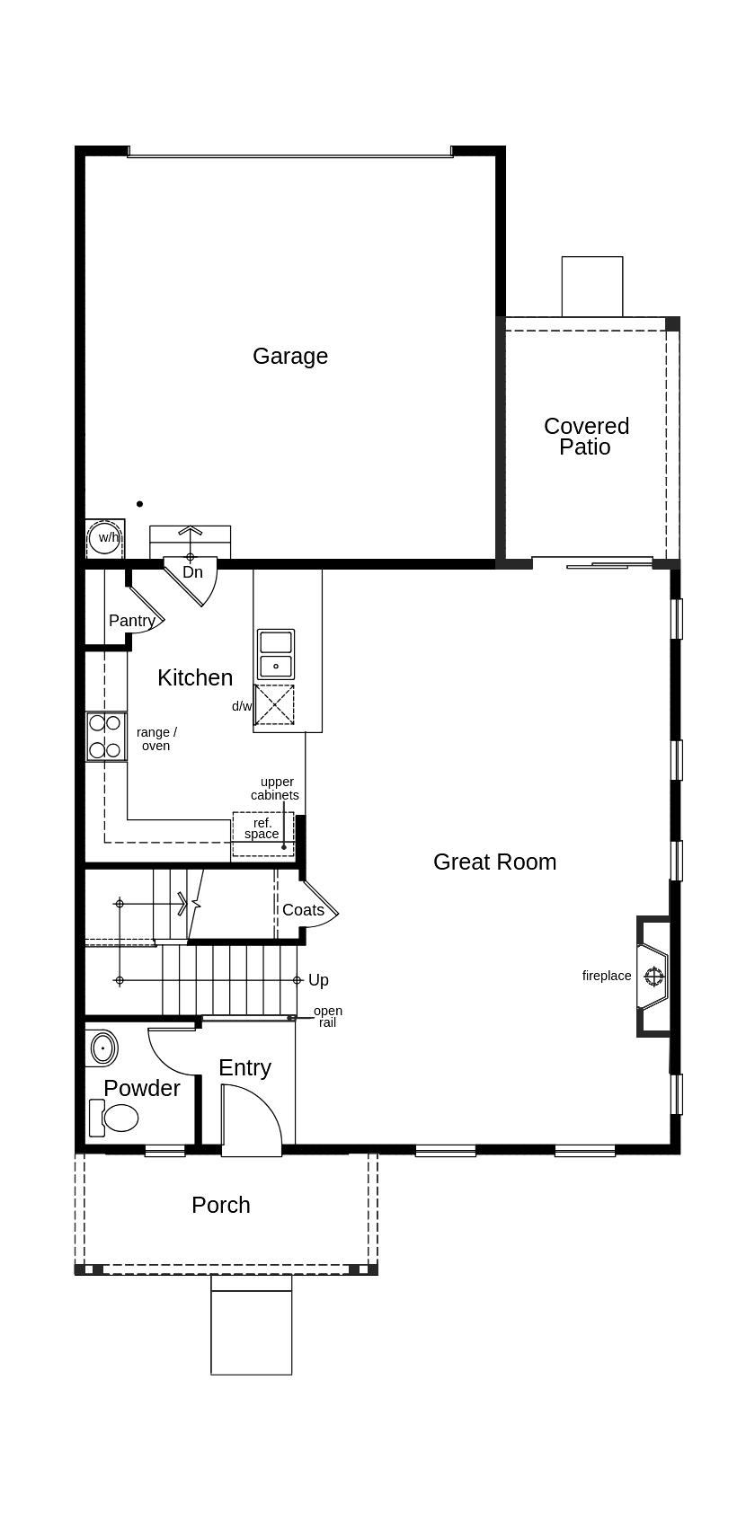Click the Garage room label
click(289, 356)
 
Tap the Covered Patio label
click(586, 436)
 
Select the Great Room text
click(494, 862)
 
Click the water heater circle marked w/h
click(106, 538)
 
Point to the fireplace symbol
click(653, 976)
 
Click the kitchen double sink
click(275, 654)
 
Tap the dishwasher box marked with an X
click(274, 704)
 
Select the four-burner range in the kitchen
click(105, 736)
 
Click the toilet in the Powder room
click(115, 1119)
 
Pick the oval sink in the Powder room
click(103, 1048)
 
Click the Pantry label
click(131, 621)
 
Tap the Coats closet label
click(303, 910)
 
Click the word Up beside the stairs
click(318, 980)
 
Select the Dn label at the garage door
click(192, 572)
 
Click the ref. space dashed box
click(262, 834)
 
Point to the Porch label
click(221, 1205)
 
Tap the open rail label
click(327, 1017)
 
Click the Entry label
click(244, 1067)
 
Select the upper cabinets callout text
click(275, 789)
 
